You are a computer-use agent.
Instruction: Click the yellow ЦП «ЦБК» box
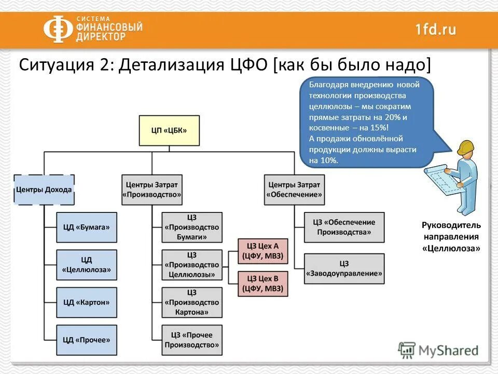[x=169, y=130]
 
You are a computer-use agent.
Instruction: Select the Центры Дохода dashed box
[x=44, y=190]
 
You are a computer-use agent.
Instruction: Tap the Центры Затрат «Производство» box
[x=152, y=190]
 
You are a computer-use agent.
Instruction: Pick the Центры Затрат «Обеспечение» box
[x=295, y=190]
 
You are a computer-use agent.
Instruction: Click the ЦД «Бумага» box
[x=87, y=227]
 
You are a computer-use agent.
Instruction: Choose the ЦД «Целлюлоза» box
[x=87, y=265]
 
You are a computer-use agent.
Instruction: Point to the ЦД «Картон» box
[x=87, y=302]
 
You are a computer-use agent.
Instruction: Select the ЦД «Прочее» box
[x=87, y=340]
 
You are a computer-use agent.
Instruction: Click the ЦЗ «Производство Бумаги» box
[x=192, y=227]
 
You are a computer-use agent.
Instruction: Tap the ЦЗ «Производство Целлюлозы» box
[x=192, y=265]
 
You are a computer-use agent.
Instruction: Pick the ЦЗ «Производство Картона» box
[x=192, y=302]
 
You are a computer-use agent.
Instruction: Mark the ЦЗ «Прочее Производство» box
[x=192, y=340]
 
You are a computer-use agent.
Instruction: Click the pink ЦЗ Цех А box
[x=262, y=251]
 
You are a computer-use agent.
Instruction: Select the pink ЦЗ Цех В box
[x=262, y=284]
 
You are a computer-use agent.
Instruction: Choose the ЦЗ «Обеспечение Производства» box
[x=344, y=227]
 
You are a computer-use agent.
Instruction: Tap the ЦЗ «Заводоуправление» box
[x=344, y=268]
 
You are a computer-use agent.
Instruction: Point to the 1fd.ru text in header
[x=436, y=29]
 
